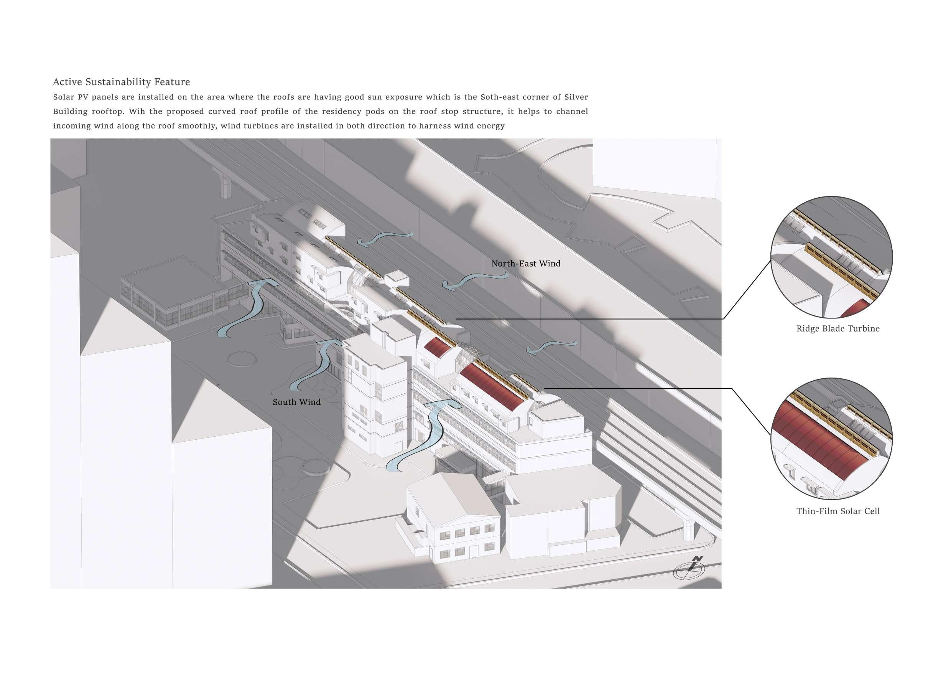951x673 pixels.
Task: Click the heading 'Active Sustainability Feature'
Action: click(121, 82)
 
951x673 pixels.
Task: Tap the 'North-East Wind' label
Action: click(526, 264)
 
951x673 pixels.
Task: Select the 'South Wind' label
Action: click(296, 402)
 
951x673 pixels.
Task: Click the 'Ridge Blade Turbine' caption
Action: click(838, 328)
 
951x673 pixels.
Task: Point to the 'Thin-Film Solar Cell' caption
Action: click(838, 511)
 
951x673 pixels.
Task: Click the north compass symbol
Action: click(689, 570)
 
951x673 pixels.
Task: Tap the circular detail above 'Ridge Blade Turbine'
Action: click(832, 257)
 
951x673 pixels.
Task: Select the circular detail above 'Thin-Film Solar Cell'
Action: click(832, 439)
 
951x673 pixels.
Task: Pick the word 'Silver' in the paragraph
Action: click(576, 97)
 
